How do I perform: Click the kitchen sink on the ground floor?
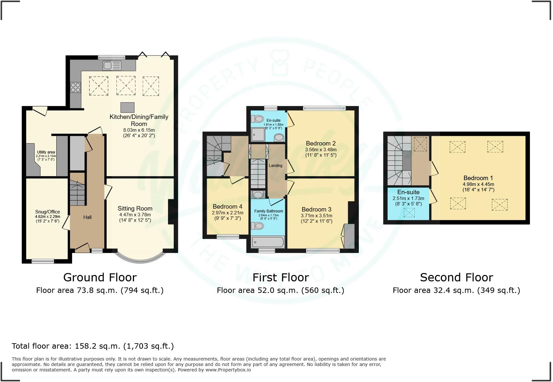click(112, 66)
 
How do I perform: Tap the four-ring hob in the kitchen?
click(76, 87)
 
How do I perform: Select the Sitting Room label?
click(135, 208)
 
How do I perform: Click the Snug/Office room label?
click(47, 212)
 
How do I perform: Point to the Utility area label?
click(46, 152)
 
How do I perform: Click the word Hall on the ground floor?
click(87, 217)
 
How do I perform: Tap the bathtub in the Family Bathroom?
click(268, 242)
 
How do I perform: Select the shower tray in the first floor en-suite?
click(258, 135)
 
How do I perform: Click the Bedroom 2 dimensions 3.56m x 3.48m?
click(321, 150)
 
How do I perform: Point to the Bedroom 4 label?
click(227, 207)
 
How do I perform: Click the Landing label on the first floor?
click(276, 166)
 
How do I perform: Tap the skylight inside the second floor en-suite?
click(409, 212)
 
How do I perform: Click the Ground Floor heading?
click(100, 277)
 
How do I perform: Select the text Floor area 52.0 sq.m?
click(258, 290)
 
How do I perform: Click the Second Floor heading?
click(456, 277)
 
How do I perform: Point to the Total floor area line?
click(93, 346)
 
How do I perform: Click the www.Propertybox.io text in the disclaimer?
click(228, 370)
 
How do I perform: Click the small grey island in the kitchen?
click(127, 107)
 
